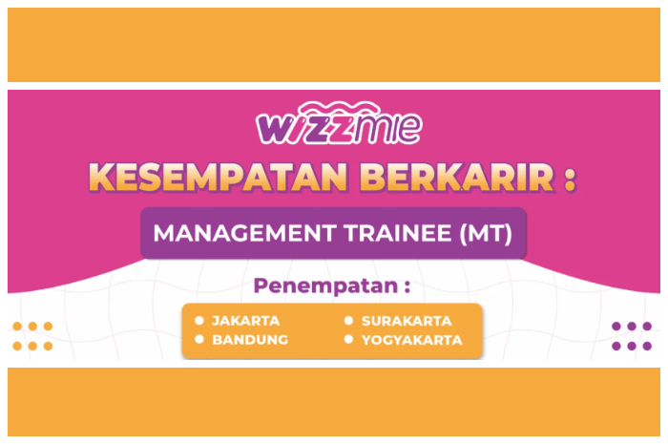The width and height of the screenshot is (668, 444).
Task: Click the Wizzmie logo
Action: (x=339, y=123)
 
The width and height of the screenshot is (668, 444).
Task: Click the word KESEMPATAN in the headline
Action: (x=219, y=177)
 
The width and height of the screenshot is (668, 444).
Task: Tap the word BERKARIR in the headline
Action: (x=457, y=177)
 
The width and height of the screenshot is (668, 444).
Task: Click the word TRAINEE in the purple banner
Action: (x=398, y=233)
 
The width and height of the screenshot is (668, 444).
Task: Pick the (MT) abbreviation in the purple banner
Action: (x=486, y=234)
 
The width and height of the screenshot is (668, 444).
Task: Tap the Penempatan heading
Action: (x=332, y=285)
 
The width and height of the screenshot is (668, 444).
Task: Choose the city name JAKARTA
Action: (x=246, y=321)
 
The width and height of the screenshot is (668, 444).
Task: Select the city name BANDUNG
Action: (x=250, y=340)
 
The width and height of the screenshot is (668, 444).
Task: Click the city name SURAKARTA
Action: (x=407, y=321)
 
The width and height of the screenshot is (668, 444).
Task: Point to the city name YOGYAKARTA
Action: (x=412, y=340)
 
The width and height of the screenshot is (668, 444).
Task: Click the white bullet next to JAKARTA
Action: (x=199, y=321)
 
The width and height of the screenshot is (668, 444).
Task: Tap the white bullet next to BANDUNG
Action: (x=199, y=339)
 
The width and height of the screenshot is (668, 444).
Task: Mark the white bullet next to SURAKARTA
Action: (x=348, y=321)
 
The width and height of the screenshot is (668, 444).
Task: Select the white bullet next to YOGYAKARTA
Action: (x=348, y=339)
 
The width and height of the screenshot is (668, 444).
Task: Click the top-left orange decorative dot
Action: (x=17, y=327)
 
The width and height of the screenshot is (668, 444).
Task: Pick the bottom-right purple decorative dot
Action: (x=647, y=346)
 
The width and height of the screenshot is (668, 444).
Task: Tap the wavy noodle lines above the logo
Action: (x=339, y=107)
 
